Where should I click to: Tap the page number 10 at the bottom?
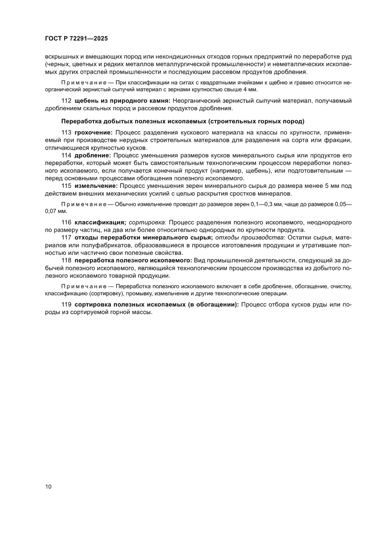point(49,486)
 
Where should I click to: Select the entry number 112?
point(66,101)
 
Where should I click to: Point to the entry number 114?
point(66,156)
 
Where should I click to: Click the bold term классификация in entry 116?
point(100,222)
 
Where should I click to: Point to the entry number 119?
point(66,305)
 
